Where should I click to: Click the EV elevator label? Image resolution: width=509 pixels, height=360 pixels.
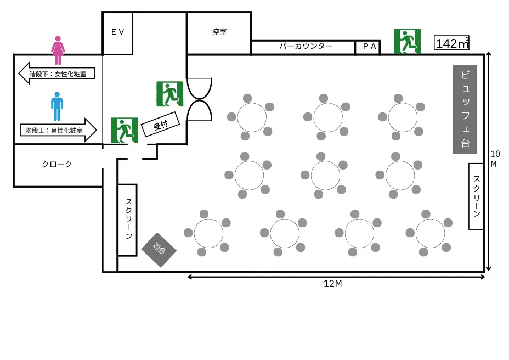click(x=118, y=32)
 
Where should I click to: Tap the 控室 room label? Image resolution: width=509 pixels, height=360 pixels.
click(x=219, y=32)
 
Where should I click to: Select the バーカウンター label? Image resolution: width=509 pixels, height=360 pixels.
click(x=306, y=46)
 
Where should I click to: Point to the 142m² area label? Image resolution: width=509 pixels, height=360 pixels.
click(x=452, y=43)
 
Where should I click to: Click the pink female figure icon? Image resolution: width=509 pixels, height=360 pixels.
click(x=58, y=51)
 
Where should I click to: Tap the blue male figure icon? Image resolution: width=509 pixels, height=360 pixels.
click(x=57, y=106)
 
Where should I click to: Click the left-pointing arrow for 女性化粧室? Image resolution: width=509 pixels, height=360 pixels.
click(x=56, y=73)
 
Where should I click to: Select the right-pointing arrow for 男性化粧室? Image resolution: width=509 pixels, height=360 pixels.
click(x=58, y=131)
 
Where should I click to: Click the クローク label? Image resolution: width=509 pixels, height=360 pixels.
click(x=57, y=164)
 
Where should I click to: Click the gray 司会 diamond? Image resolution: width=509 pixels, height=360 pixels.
click(x=159, y=250)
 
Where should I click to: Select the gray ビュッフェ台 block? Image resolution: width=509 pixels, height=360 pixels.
click(x=465, y=110)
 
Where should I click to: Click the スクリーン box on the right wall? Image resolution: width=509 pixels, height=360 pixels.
click(x=476, y=196)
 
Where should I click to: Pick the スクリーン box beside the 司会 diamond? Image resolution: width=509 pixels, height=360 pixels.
click(x=127, y=220)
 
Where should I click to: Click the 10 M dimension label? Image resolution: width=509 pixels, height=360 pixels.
click(x=495, y=159)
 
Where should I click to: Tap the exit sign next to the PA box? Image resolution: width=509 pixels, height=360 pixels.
click(x=407, y=41)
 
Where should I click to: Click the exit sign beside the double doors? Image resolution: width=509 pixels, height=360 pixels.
click(x=169, y=94)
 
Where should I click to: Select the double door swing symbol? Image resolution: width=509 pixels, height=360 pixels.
click(x=199, y=99)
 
